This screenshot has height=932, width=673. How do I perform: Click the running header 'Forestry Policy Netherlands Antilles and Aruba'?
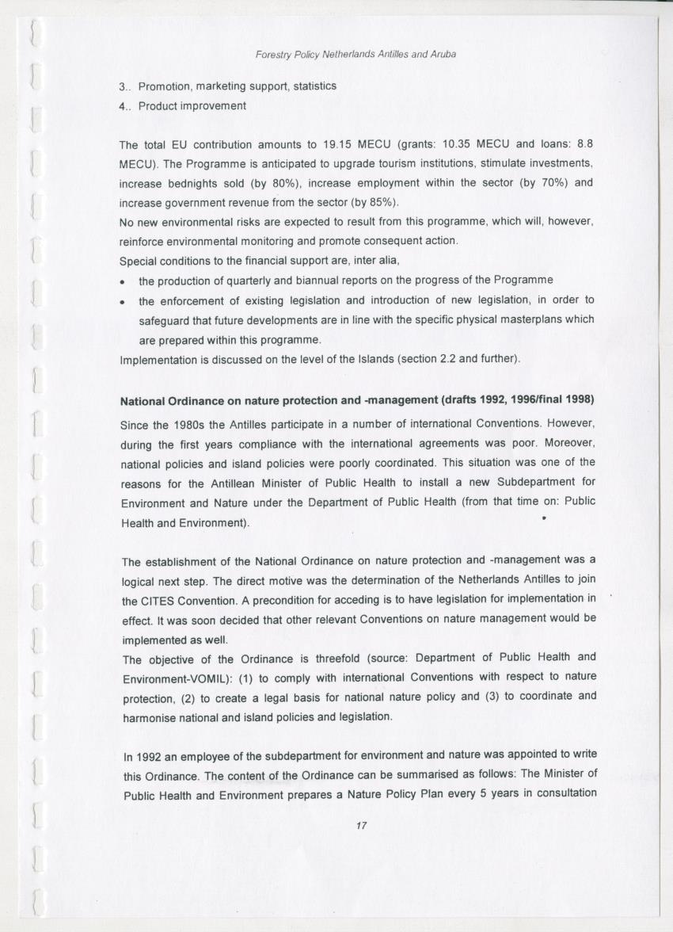[356, 55]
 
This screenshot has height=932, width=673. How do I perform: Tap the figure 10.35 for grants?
[462, 145]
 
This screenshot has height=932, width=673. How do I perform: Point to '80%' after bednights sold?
[273, 182]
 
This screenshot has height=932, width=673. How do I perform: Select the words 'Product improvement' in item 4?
[192, 105]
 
